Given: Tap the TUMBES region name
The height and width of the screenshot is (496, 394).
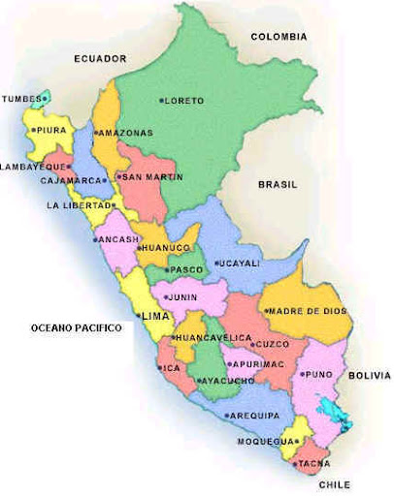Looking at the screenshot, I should (20, 99).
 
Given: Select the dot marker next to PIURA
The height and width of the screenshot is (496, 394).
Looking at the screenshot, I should (32, 130).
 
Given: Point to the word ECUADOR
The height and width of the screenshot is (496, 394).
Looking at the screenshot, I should (100, 59).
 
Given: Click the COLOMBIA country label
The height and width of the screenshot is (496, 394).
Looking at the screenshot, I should (279, 37).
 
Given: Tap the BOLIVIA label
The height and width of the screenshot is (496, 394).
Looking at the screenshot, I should (370, 375).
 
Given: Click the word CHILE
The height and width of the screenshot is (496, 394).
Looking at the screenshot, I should (332, 484).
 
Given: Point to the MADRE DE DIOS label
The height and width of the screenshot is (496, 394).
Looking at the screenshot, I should (308, 311).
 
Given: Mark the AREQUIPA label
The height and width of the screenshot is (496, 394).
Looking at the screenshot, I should (255, 416).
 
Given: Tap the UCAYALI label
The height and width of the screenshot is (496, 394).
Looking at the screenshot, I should (239, 263).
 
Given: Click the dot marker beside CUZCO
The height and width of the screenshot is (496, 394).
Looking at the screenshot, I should (250, 345).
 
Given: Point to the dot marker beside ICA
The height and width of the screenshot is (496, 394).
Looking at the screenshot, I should (161, 368).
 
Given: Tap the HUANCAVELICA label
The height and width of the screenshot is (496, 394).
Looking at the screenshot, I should (206, 337).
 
